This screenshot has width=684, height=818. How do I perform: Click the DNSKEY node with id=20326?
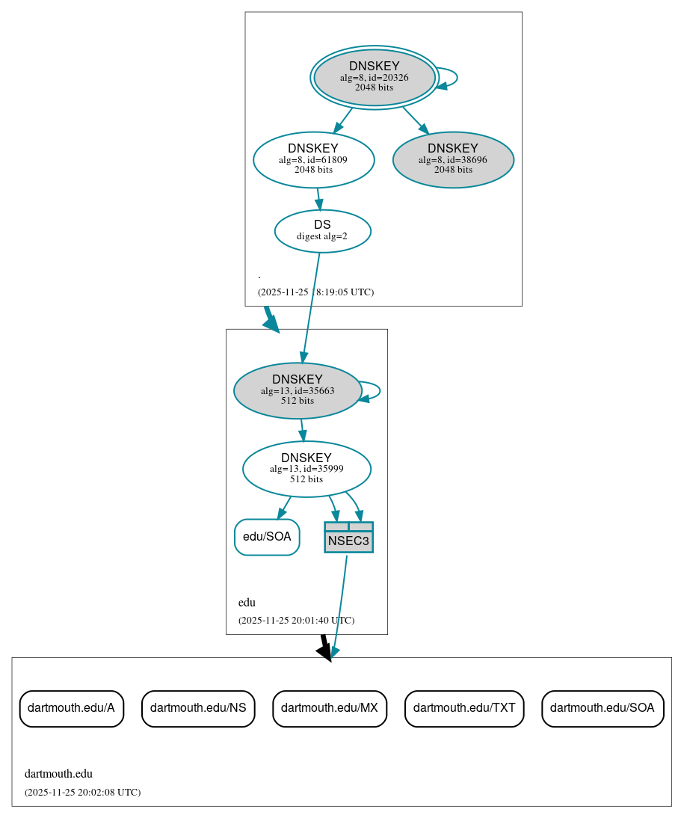point(375,77)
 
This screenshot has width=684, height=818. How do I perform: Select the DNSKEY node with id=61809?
point(313,159)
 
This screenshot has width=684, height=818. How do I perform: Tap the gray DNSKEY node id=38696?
point(453,159)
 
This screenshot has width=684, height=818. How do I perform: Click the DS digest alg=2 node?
point(322,230)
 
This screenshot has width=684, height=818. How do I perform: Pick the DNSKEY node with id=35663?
point(298,390)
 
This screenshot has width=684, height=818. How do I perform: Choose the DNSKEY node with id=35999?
point(306,469)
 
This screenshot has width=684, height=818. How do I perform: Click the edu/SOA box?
point(267,537)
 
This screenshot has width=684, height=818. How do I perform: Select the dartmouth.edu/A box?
point(71,708)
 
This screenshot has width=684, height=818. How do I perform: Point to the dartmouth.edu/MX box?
point(330,708)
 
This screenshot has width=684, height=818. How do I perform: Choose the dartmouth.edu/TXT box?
point(464,708)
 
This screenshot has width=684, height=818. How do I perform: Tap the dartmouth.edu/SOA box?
point(603,708)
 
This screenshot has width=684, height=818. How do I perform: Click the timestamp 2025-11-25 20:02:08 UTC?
point(82,792)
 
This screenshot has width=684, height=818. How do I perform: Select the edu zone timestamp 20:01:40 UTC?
point(296,620)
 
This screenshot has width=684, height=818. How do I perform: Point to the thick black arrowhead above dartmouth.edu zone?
point(324,651)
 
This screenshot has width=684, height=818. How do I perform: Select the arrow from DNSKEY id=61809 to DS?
point(319,198)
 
